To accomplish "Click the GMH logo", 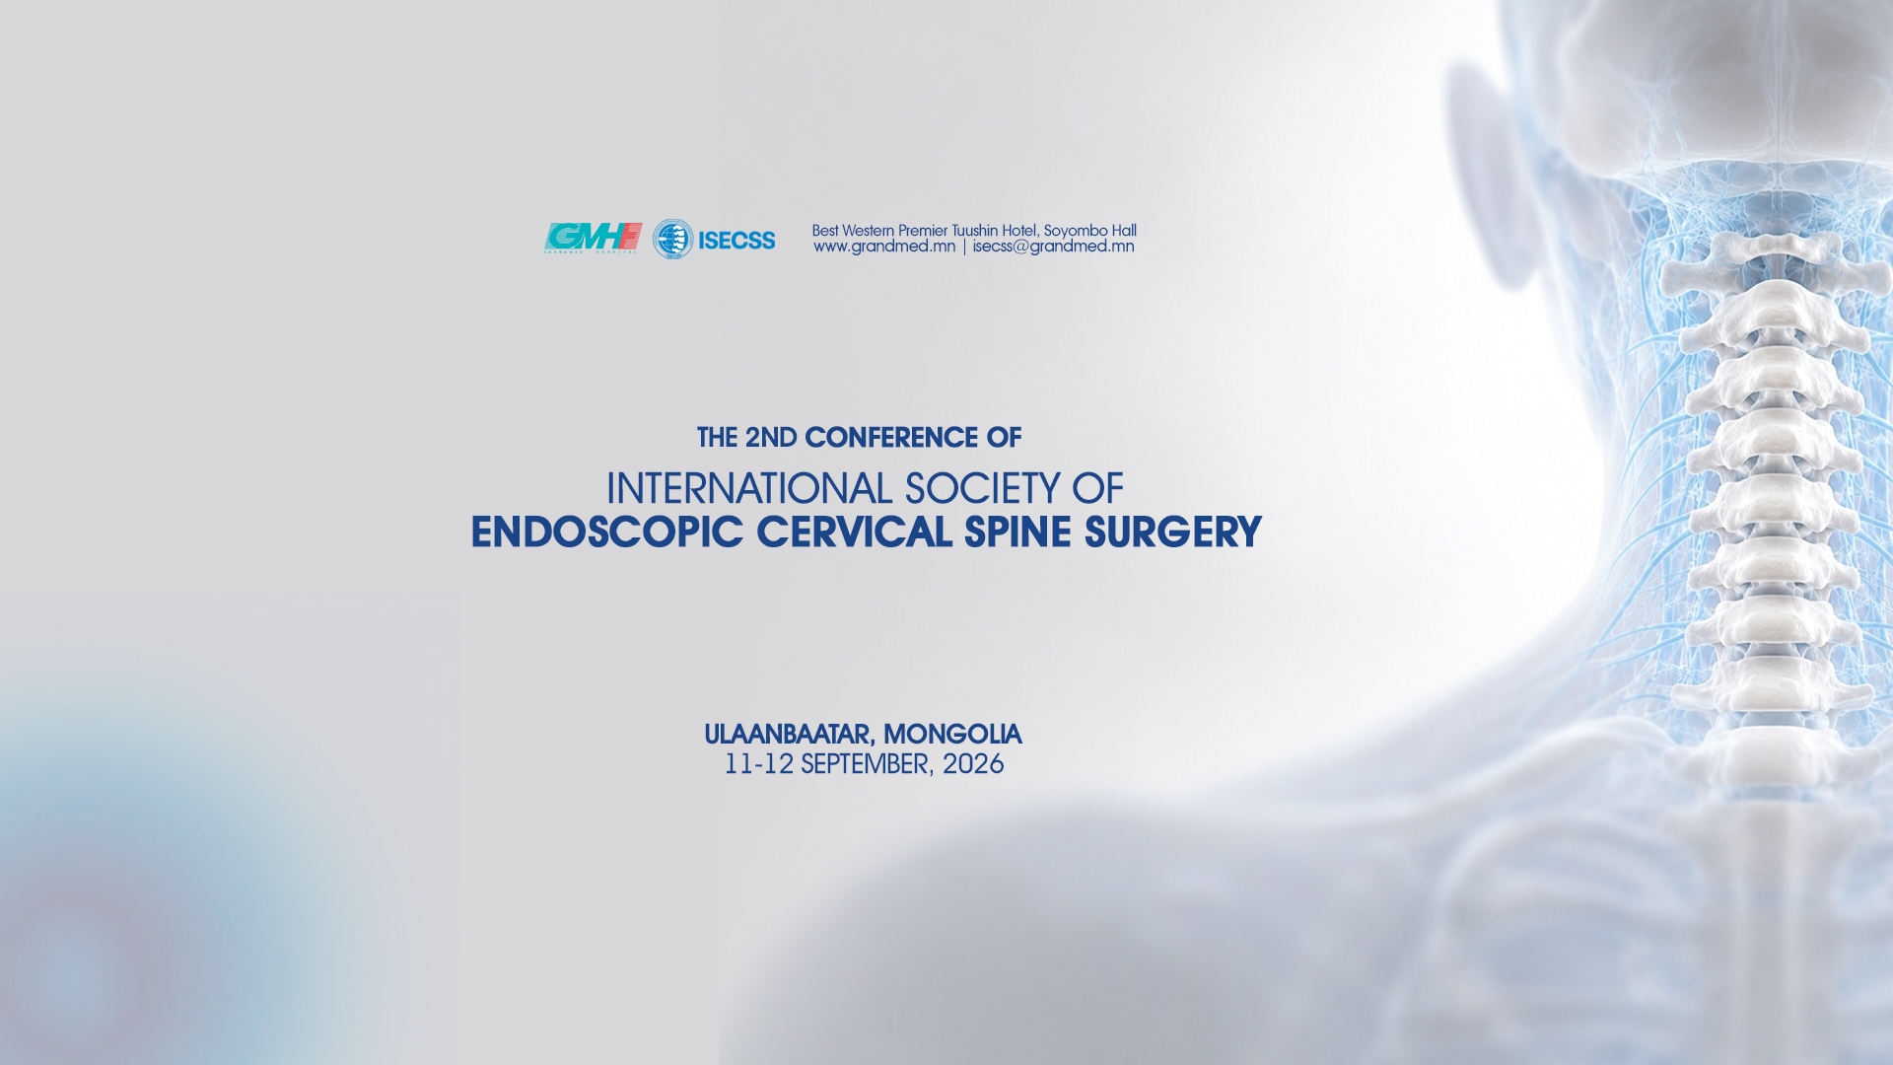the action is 593,238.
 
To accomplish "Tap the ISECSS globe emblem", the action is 672,239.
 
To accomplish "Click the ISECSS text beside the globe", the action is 736,240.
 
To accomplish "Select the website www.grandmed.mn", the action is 884,247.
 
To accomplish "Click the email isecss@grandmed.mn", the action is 1053,247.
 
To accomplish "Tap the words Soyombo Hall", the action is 1089,231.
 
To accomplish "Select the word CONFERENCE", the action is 890,437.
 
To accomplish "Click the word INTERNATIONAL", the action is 748,488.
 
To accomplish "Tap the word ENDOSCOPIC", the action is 606,532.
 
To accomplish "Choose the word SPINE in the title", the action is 1017,532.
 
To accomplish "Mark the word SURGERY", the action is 1172,532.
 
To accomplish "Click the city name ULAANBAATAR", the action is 789,735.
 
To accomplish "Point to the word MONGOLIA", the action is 952,735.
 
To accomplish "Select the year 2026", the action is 973,764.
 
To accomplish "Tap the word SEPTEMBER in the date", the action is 866,764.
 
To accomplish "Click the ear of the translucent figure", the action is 1489,177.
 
